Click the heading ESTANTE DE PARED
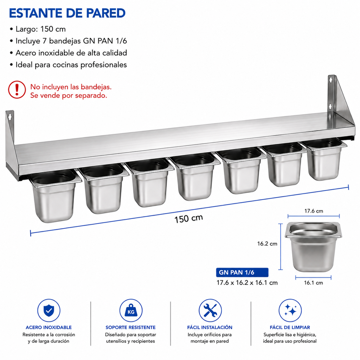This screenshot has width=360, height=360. point(67,13)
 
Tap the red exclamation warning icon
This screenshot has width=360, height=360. point(17,90)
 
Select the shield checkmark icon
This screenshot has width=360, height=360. point(49,310)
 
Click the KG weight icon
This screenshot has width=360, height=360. point(131,310)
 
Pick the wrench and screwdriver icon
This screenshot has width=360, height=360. point(210,310)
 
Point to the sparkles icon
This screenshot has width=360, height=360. point(290,310)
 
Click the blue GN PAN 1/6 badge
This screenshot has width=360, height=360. point(242,272)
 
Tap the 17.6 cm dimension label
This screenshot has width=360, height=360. point(314,211)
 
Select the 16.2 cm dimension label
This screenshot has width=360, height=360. point(267,244)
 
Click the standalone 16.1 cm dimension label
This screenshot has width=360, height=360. point(313,283)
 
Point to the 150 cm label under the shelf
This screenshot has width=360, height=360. point(188,219)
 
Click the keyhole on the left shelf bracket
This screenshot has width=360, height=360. point(9,117)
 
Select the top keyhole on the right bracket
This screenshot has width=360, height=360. point(331,80)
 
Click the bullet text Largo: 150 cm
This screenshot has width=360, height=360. point(41,29)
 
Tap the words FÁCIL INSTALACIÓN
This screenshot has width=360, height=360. point(210,327)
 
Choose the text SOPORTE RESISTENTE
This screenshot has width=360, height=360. point(131,327)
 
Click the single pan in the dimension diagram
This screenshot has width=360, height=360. point(313,247)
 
